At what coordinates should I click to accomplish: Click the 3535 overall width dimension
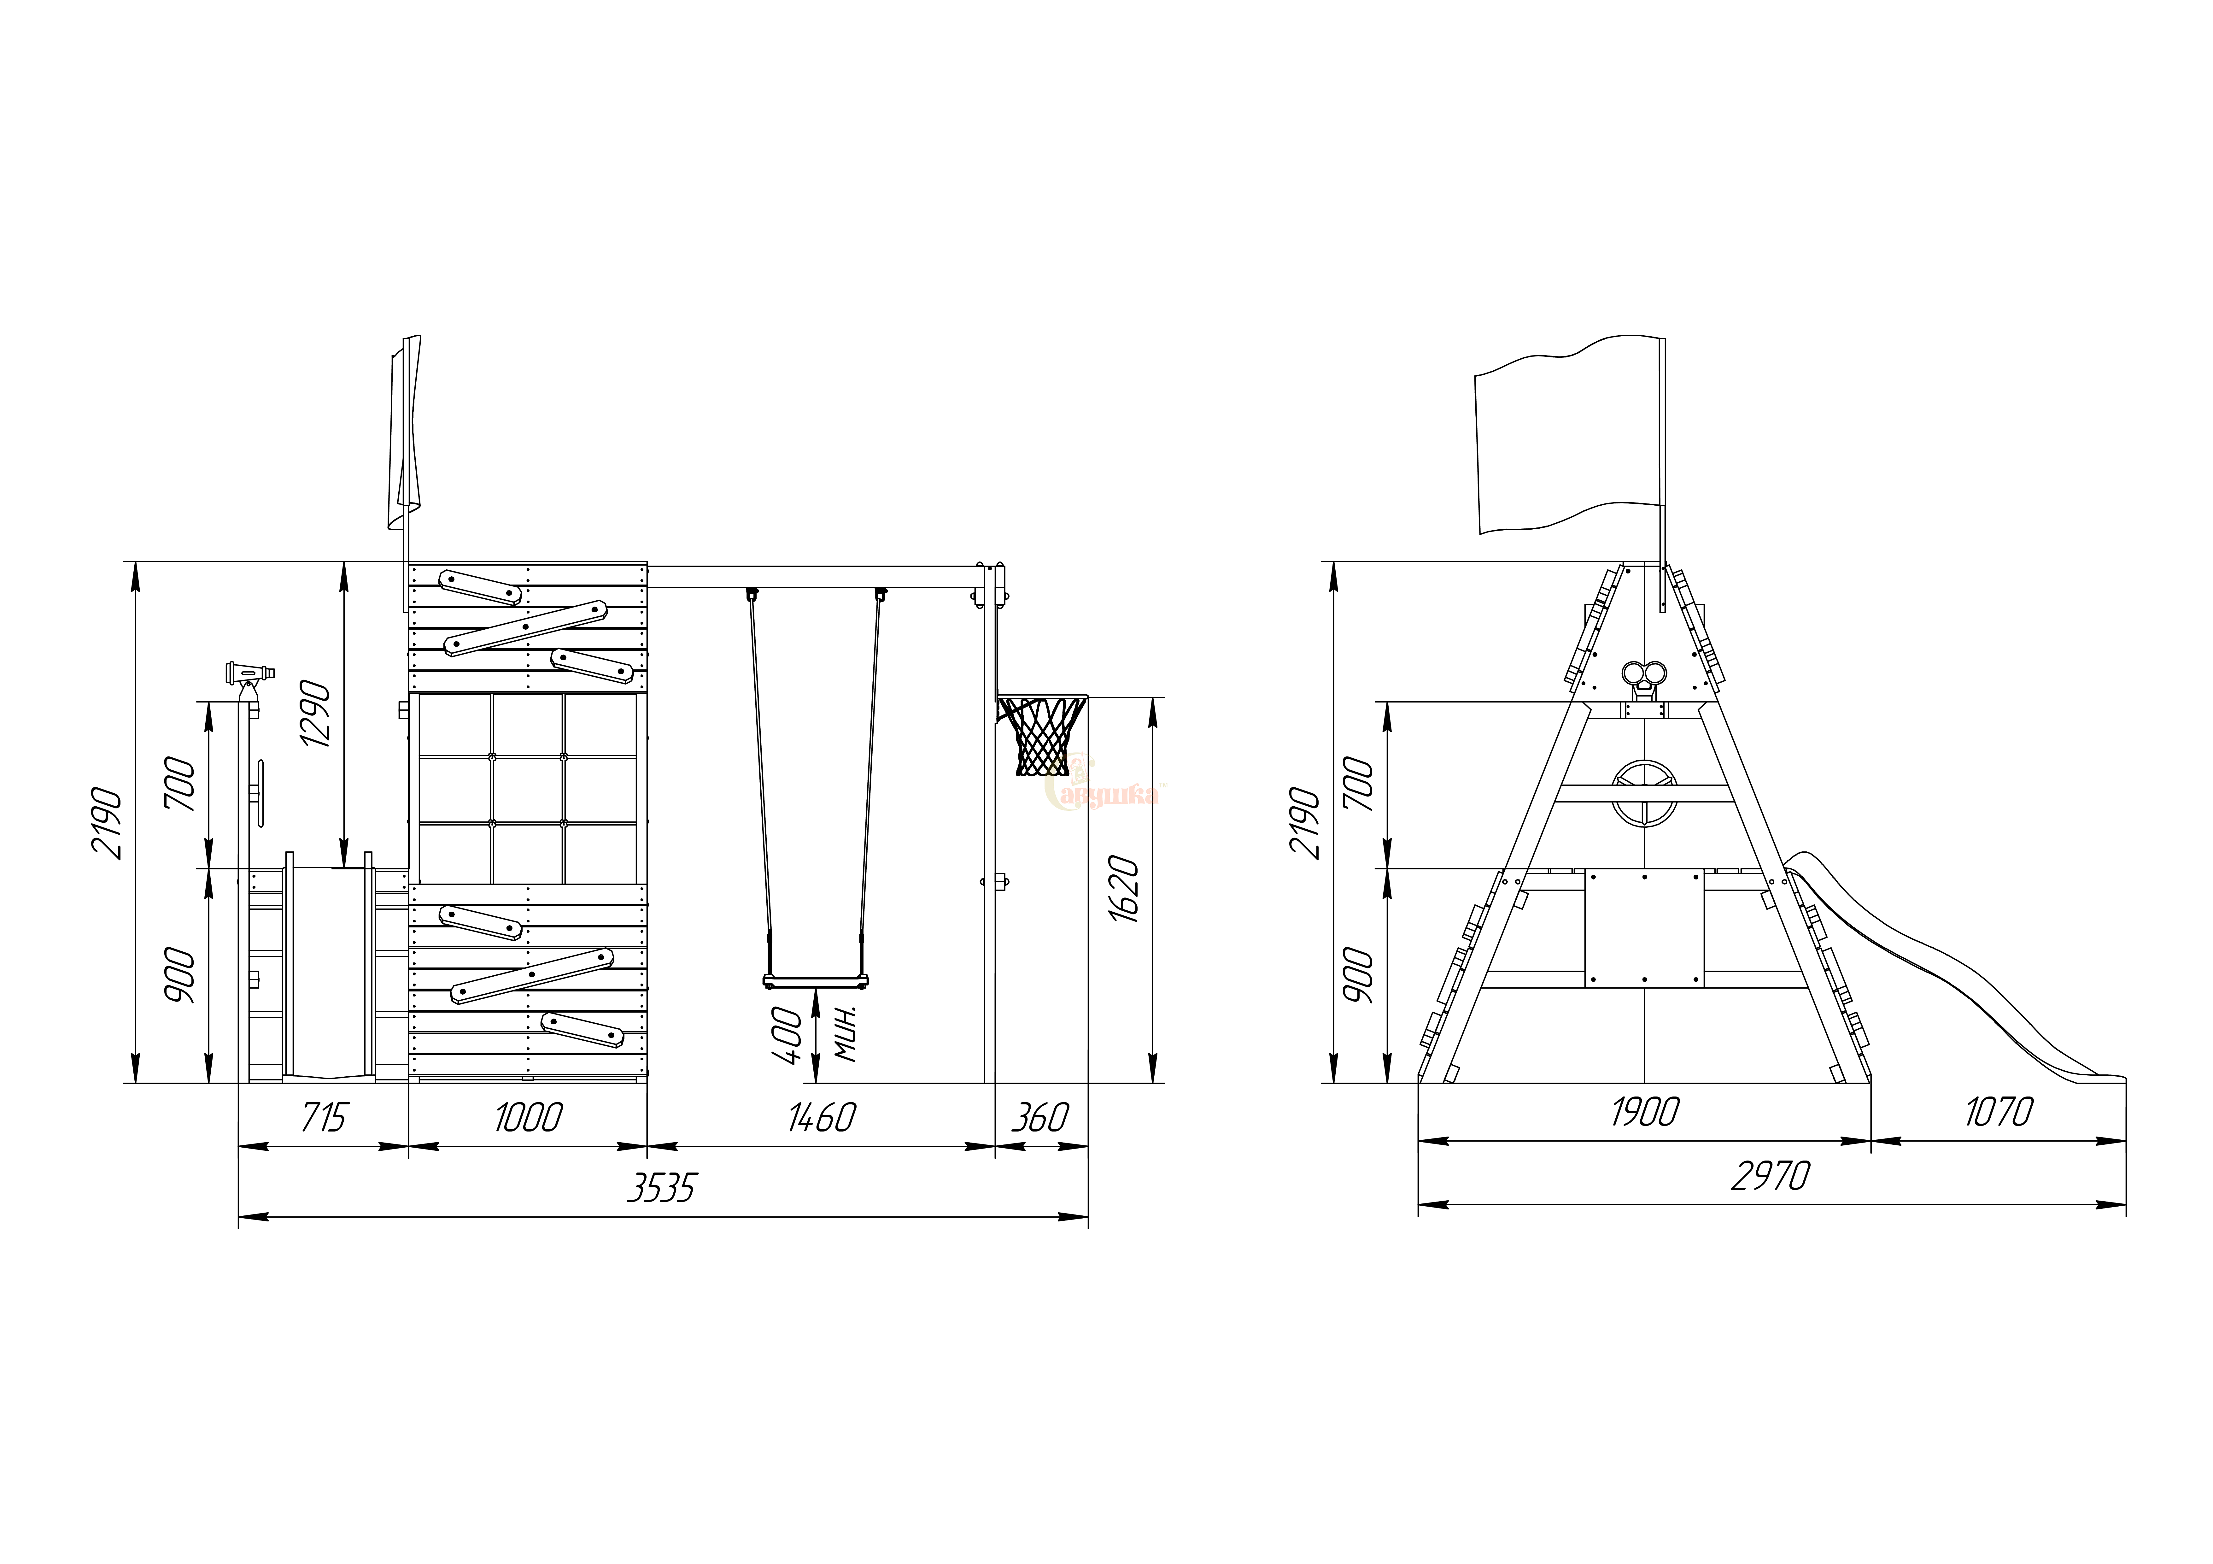point(661,1188)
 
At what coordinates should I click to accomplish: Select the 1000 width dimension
point(528,1118)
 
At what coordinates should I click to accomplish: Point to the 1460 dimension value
point(821,1118)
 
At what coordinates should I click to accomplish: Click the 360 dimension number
point(1040,1118)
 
